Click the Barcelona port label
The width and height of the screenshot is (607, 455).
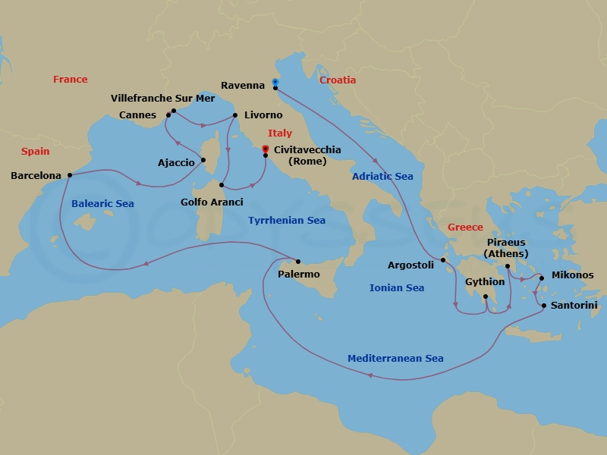[x=36, y=176]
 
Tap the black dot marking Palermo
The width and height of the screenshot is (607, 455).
[x=298, y=262]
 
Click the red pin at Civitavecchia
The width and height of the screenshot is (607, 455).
[x=265, y=149]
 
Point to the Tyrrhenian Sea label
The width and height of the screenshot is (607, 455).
[x=286, y=221]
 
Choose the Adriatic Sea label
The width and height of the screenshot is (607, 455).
[x=382, y=177]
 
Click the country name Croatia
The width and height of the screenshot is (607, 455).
[x=338, y=80]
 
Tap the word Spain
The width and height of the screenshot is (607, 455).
[x=35, y=152]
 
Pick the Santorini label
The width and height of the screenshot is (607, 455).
[x=574, y=305]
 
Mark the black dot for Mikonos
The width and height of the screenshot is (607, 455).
[x=542, y=278]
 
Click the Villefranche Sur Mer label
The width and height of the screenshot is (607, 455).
[x=162, y=99]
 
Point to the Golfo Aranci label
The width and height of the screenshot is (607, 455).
[x=212, y=202]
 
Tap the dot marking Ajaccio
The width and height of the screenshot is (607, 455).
[x=203, y=160]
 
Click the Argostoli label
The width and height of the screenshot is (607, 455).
[x=410, y=265]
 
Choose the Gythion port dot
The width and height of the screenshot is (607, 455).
[x=486, y=297]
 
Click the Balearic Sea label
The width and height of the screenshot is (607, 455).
[x=102, y=204]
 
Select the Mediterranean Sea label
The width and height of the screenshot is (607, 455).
[x=395, y=359]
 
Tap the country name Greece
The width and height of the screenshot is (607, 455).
[x=464, y=227]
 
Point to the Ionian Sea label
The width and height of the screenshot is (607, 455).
[x=396, y=288]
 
